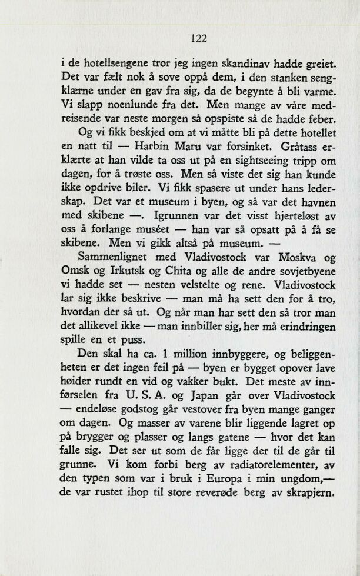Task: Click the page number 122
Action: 199,39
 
